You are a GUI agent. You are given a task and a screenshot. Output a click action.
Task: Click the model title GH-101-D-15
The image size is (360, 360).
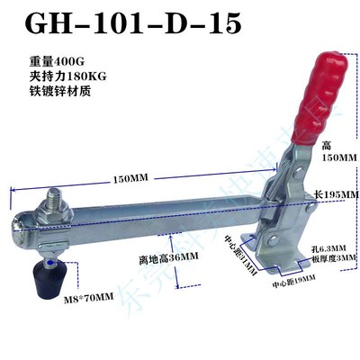132,24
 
